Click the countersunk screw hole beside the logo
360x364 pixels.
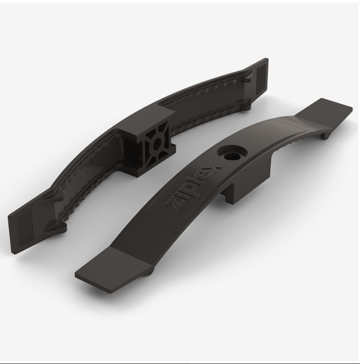pyautogui.click(x=232, y=154)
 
